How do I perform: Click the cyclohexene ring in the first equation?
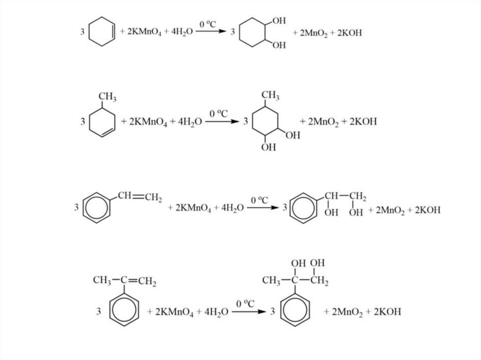[102, 32]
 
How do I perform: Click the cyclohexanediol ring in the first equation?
[254, 33]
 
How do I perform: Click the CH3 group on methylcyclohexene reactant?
[108, 98]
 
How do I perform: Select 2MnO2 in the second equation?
[319, 122]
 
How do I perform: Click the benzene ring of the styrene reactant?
[97, 207]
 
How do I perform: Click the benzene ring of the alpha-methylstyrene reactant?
[124, 311]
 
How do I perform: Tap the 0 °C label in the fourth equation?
[245, 304]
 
